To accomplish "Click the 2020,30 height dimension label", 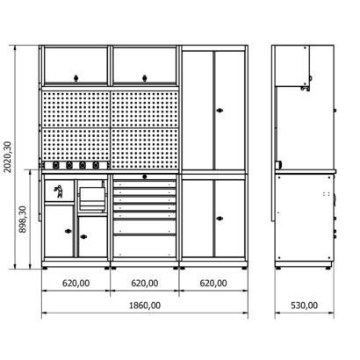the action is pos(8,157).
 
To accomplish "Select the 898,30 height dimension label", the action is pos(23,220).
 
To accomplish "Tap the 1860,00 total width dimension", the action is pos(145,306).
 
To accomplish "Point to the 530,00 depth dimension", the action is pos(304,306).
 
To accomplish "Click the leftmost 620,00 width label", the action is pos(76,284).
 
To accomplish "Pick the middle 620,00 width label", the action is pos(145,284).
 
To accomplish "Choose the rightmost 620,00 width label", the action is pos(213,284).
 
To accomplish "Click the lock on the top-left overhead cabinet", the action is pos(76,78).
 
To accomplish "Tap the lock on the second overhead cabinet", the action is pos(145,78).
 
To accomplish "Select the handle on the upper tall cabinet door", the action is pos(220,111).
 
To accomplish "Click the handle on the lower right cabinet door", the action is pos(220,219).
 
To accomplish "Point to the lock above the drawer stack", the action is pos(145,176).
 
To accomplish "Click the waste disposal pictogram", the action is pos(59,191).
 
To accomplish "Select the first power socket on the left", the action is pos(55,165).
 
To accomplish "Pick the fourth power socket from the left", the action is pos(96,165).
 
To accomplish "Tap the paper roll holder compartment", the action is pos(91,196).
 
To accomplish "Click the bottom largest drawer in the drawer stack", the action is pos(145,247).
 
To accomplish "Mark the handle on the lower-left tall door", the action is pos(68,231).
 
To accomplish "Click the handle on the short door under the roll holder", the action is pos(83,236).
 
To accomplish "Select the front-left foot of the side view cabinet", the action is pos(278,268).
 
